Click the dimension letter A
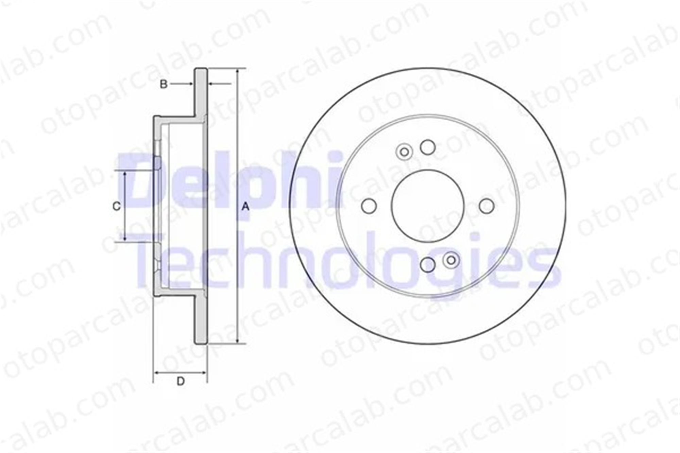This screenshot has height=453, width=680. coord(245,206)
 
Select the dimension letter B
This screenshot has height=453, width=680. coord(164,84)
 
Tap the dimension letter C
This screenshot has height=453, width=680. coord(116,206)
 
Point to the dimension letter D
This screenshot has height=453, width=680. coord(181,381)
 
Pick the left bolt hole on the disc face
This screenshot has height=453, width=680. coord(369,206)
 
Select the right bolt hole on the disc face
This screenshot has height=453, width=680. coord(487,206)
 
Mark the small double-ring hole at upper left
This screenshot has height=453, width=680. coord(404,152)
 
